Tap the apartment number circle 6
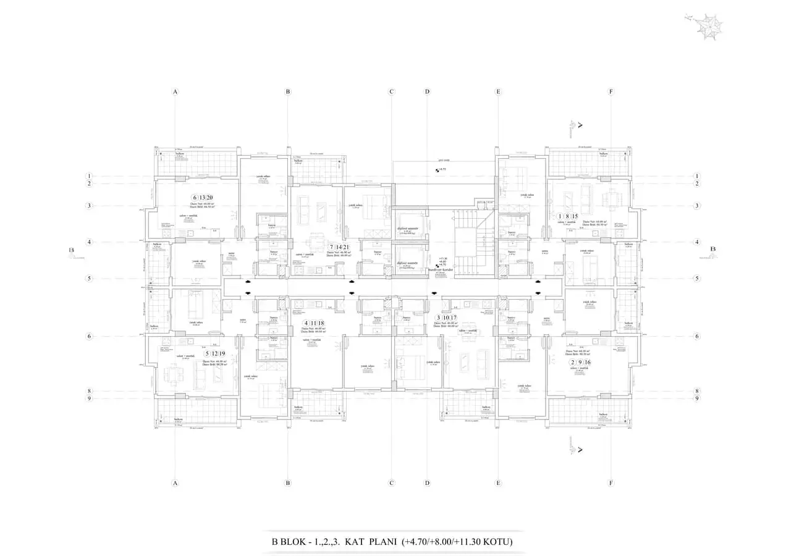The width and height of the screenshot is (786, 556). [x=195, y=198]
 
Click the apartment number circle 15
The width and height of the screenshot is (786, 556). [x=575, y=216]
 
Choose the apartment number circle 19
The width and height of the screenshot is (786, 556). [x=221, y=354]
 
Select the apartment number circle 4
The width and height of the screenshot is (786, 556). [x=305, y=323]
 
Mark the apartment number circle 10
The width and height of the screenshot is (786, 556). [x=446, y=318]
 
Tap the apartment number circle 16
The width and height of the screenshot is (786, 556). [x=588, y=363]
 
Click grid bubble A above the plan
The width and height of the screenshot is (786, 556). [x=175, y=92]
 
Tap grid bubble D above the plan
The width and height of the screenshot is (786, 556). [x=427, y=92]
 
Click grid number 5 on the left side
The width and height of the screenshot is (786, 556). [x=89, y=279]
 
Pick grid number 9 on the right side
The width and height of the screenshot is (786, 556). [x=697, y=398]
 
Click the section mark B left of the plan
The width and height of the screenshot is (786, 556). [x=72, y=250]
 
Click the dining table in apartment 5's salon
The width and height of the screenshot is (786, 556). [x=171, y=374]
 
